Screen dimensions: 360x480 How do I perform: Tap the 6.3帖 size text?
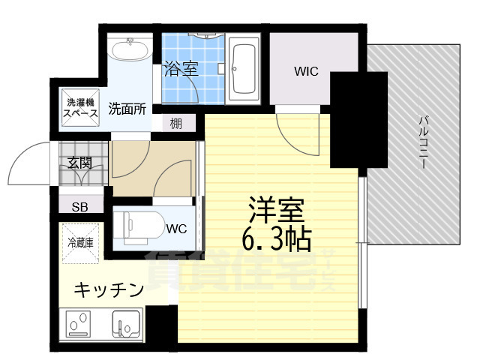point(275,238)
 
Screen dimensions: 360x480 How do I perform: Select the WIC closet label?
point(305,72)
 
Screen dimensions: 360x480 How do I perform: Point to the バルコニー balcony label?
point(422,142)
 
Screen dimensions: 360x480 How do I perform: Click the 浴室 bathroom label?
point(180,70)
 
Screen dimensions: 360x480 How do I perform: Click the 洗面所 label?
point(127,107)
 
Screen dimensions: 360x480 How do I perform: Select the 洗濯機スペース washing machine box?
point(78,107)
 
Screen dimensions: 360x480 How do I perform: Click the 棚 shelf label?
point(175,122)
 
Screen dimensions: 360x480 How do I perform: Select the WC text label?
point(177,228)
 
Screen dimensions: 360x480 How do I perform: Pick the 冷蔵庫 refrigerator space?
point(79,243)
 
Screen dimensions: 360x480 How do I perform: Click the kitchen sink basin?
point(126,325)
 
